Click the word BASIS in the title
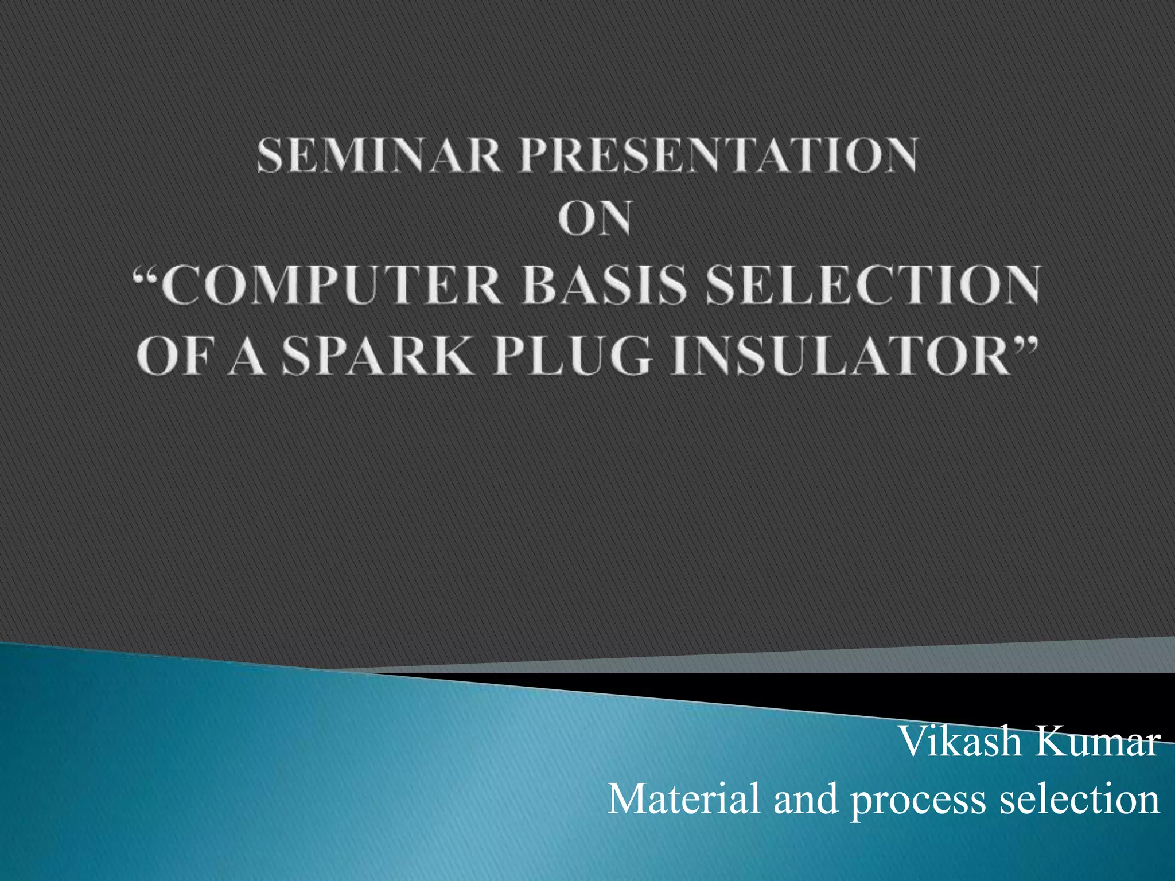[604, 285]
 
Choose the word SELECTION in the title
[873, 285]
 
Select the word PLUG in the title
[574, 356]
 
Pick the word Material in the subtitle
[683, 798]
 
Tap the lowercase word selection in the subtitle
[1079, 798]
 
